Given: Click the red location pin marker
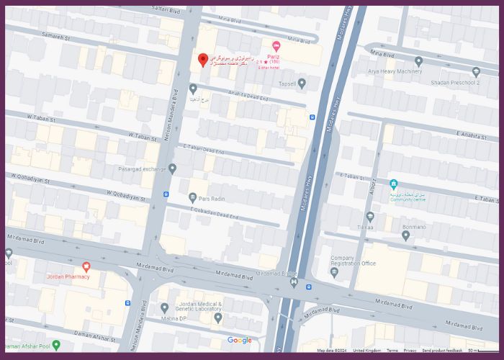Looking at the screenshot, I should tap(203, 60).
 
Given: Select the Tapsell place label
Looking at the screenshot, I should tap(287, 84).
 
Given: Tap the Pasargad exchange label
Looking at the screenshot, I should tap(143, 169).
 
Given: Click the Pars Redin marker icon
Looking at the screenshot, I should tap(192, 197).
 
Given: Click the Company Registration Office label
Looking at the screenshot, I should tap(353, 260).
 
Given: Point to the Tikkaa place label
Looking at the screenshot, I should tap(365, 227).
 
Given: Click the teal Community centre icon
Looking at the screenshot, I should tap(393, 185).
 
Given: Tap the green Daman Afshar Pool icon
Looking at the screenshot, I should tap(56, 346).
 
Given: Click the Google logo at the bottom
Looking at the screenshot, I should tap(240, 341).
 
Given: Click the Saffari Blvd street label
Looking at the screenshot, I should tap(166, 9).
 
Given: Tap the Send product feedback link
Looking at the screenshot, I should tap(443, 351).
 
